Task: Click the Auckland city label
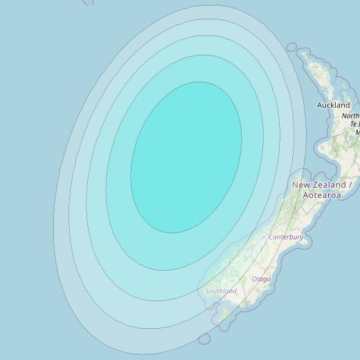point(333,105)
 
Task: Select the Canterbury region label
point(286,237)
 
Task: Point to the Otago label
point(261,279)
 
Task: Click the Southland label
point(221,291)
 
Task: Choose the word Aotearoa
point(321,196)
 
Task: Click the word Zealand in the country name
point(329,185)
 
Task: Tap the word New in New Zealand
point(300,185)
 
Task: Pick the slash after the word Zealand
point(351,185)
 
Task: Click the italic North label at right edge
point(350,116)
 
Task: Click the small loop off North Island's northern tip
point(291,48)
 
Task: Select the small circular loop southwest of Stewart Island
point(204,339)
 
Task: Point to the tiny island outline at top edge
point(88,2)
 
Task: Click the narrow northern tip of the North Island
point(305,59)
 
